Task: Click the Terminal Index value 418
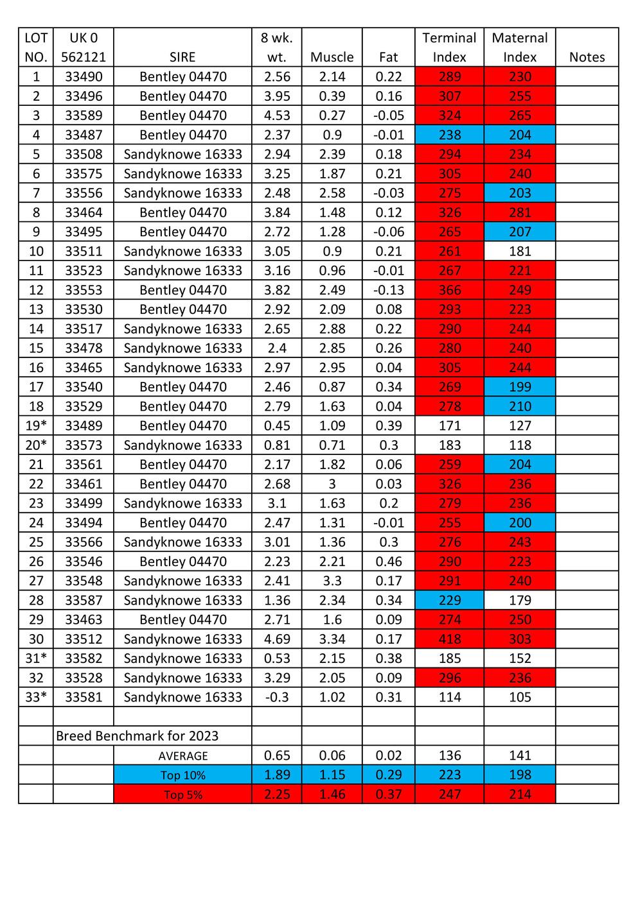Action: point(450,639)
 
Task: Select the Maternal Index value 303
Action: point(520,639)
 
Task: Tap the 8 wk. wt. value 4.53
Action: point(277,116)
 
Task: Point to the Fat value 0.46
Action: point(389,562)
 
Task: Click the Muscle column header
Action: point(332,57)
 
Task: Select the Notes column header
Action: point(587,57)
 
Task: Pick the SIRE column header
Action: point(183,57)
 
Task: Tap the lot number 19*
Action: point(36,425)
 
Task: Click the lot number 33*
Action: point(36,697)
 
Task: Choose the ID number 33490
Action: point(84,77)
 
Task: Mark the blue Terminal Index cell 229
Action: point(450,600)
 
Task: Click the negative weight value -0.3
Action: point(277,697)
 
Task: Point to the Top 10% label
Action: point(183,775)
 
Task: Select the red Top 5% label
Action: point(183,794)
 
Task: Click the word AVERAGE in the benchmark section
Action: point(183,756)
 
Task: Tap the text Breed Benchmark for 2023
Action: point(137,736)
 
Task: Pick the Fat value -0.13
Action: point(389,290)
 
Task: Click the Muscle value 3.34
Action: point(332,639)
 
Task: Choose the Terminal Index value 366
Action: point(450,290)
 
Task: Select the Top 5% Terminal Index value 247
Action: point(450,794)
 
